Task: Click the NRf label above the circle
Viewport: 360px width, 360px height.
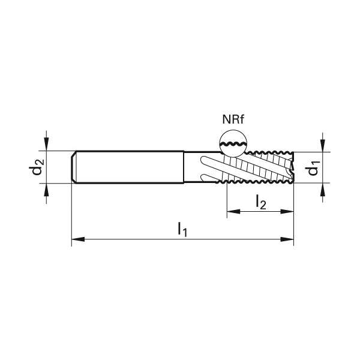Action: coord(233,119)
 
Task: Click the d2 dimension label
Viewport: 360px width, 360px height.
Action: coord(37,167)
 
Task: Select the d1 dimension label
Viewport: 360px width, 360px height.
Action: coord(313,168)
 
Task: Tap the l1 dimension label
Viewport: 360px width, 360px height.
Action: coord(183,229)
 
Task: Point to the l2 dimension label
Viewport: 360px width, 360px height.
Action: coord(261,202)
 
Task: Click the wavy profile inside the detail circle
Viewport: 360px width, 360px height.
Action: coord(233,144)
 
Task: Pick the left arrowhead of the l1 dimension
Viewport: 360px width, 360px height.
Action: coord(78,239)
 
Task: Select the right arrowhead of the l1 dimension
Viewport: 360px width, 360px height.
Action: coord(287,239)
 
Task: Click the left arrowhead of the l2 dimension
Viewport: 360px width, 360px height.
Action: coord(233,211)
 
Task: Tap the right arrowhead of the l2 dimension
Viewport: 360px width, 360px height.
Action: coord(287,211)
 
